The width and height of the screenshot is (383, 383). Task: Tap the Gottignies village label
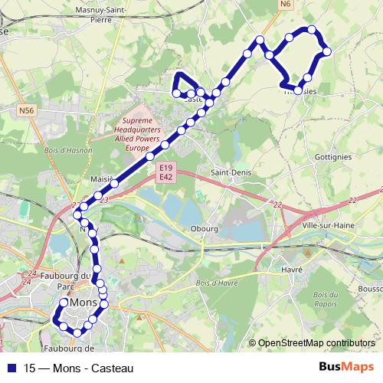coord(332,156)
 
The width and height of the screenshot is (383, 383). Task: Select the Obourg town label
coord(205,228)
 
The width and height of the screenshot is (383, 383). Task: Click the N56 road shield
coord(27,111)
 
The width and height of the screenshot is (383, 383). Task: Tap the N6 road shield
coord(286,5)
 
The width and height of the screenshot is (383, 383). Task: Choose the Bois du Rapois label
coord(324,299)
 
